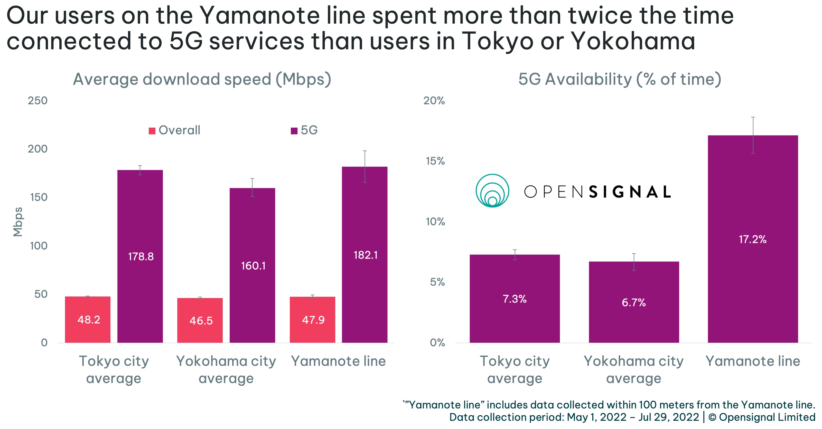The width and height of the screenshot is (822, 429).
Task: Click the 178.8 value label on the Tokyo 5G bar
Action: tap(141, 256)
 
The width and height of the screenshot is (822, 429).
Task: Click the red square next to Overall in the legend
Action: tap(152, 131)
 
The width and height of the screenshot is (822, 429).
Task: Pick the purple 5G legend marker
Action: tap(294, 131)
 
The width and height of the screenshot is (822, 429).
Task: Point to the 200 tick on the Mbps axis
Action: tap(38, 149)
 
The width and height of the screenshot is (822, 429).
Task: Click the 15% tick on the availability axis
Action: tap(435, 161)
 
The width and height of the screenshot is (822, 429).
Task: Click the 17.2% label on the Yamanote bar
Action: tap(752, 239)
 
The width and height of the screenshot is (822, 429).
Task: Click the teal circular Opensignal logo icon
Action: tap(492, 191)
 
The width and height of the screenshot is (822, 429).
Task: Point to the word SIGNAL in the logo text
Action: tap(630, 192)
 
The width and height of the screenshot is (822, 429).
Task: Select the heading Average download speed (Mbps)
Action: tap(202, 79)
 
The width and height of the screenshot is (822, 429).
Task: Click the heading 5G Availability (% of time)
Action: tap(620, 79)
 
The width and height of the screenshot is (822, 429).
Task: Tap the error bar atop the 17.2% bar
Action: tap(753, 135)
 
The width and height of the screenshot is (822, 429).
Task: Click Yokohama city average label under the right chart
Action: tap(634, 369)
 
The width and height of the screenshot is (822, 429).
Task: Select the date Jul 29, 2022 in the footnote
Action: tap(668, 417)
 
